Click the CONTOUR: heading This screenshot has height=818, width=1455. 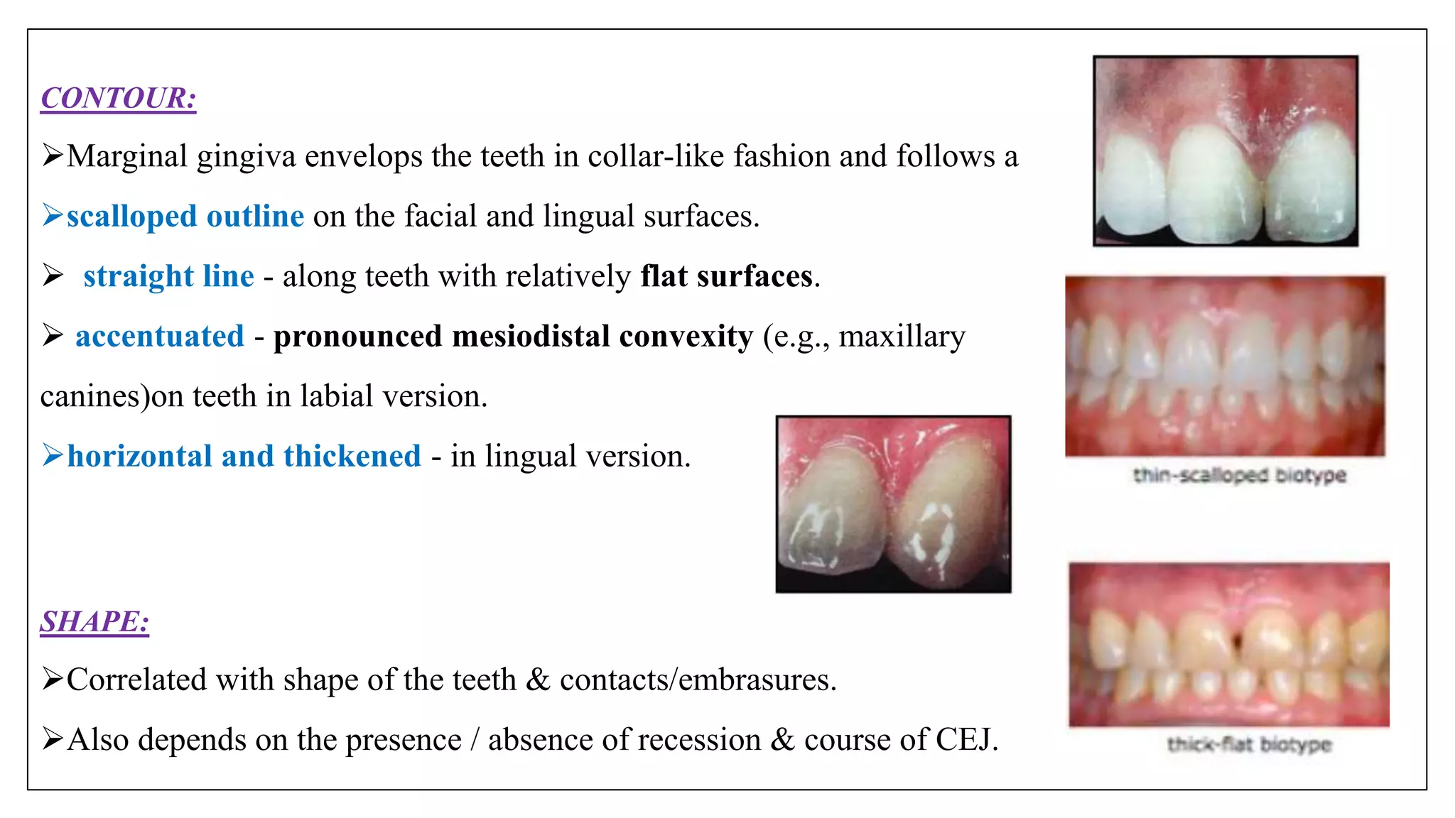[118, 98]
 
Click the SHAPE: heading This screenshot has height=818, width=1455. [94, 621]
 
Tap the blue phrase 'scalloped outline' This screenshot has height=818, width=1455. [185, 216]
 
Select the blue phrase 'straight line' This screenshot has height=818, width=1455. [168, 276]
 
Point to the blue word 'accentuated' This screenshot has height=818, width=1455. [160, 336]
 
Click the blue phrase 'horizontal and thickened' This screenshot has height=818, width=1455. [244, 456]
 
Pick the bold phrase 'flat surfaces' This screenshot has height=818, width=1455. [726, 276]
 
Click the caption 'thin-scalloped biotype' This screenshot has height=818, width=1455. [1239, 475]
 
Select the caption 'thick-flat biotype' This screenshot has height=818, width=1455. [1249, 744]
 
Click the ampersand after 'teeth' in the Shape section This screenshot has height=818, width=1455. [538, 680]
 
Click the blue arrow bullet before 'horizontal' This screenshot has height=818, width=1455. [53, 454]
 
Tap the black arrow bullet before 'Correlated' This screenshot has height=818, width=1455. [53, 679]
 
